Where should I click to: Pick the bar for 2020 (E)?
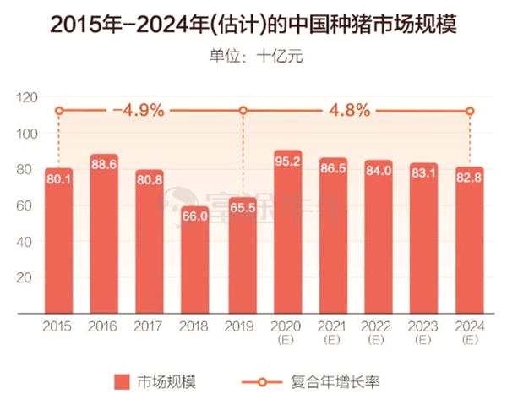click(x=287, y=228)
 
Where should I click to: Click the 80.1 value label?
click(x=58, y=180)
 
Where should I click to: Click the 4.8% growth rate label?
click(x=348, y=111)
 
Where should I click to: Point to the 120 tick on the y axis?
click(x=26, y=98)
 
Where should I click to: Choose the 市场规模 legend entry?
click(x=155, y=381)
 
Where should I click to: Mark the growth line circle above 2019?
click(x=243, y=111)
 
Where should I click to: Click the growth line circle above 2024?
click(x=471, y=111)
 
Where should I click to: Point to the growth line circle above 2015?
click(x=59, y=111)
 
